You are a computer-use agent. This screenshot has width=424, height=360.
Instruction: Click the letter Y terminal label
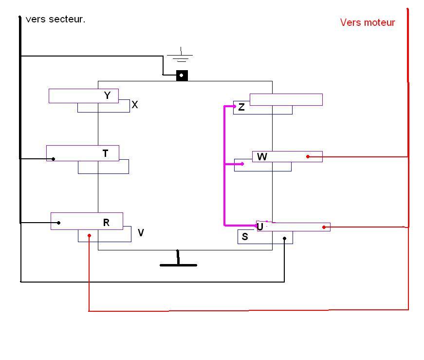(x=108, y=95)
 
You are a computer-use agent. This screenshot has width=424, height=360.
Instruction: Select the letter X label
(x=135, y=105)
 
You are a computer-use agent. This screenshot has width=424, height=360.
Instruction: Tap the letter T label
(x=106, y=153)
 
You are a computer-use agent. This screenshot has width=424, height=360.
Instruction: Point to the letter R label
(x=106, y=223)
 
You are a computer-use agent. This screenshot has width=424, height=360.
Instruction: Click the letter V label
(x=141, y=233)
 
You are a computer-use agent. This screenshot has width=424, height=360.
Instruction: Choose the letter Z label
(x=241, y=108)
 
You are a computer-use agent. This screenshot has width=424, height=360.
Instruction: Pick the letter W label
(x=262, y=157)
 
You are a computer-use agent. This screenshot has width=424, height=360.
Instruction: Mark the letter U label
(x=260, y=227)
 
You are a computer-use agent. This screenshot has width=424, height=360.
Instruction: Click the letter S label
(x=245, y=237)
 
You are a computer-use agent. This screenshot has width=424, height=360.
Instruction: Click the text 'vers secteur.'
(x=55, y=19)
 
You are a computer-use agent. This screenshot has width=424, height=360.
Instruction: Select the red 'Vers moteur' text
(x=368, y=22)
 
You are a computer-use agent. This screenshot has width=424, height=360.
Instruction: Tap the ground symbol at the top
(x=180, y=56)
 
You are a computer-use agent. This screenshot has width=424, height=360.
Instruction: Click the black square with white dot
(x=182, y=76)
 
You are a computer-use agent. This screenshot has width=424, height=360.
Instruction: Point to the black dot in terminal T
(x=54, y=159)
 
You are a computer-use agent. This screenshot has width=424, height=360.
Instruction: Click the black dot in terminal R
(x=59, y=223)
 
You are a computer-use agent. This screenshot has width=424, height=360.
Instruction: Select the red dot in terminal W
(x=308, y=156)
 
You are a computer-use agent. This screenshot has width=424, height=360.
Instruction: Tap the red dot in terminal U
(x=324, y=227)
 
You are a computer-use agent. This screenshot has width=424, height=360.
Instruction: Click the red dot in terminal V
(x=89, y=236)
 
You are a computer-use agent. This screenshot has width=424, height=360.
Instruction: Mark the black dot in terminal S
(x=285, y=239)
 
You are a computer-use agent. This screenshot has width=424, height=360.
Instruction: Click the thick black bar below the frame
(x=178, y=265)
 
